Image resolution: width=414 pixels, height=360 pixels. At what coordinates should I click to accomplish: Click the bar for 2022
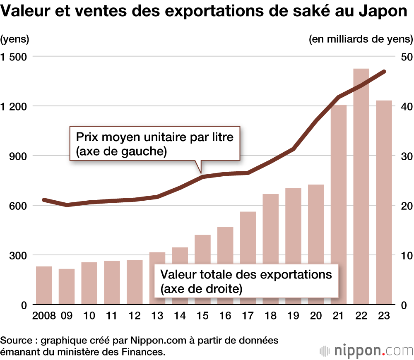point(361,186)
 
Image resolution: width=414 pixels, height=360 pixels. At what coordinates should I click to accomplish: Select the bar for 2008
point(44,286)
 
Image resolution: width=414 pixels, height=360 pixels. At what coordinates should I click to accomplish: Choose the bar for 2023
point(384,203)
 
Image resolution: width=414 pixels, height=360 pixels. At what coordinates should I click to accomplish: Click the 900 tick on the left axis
point(17,156)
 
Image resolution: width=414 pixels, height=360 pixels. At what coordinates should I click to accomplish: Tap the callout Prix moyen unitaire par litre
point(154,144)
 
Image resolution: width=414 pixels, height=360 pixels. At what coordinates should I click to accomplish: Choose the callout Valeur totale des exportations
point(246,281)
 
